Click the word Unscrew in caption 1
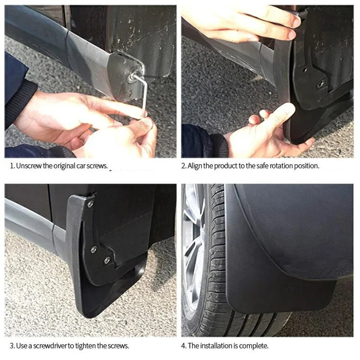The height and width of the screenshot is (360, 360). coord(28,166)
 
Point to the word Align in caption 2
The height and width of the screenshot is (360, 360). coord(196,166)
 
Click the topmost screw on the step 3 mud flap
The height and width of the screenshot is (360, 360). coord(90,204)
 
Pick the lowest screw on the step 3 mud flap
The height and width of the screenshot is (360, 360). coord(107,260)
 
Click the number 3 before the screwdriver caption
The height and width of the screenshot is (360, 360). coord(11,345)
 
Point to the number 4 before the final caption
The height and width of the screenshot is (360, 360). coord(183,345)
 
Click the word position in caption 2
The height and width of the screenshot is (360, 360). coord(306,166)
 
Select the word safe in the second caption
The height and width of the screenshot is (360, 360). coord(257,166)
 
